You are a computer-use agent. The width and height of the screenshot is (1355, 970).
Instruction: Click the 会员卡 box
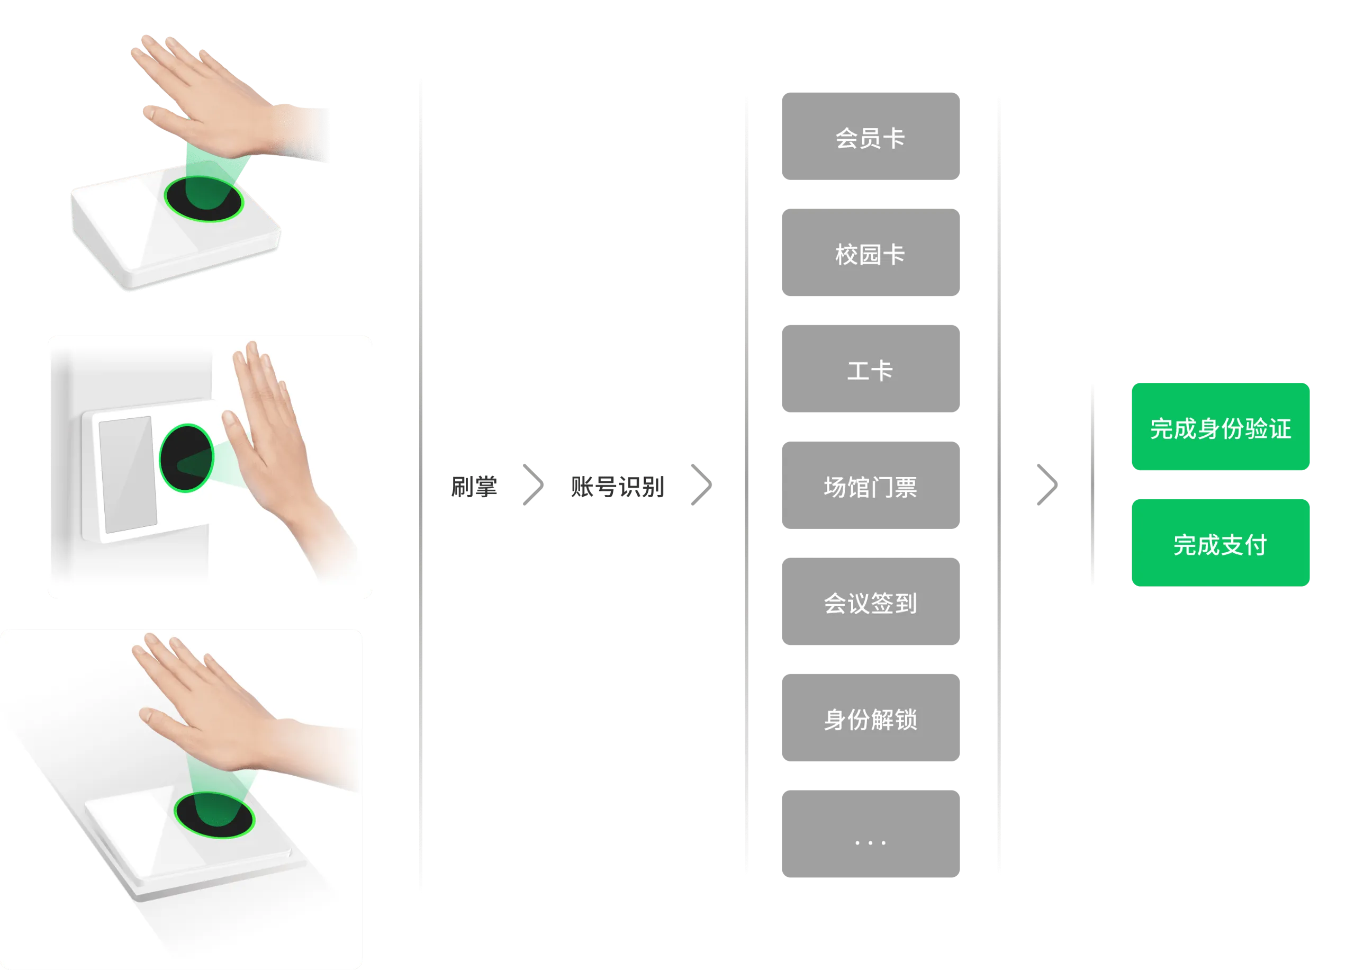point(870,136)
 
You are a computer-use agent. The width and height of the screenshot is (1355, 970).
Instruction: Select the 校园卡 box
point(870,252)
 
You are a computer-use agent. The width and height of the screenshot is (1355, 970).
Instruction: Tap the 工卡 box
point(870,369)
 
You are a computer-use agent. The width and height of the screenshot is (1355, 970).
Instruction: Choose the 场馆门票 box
point(870,485)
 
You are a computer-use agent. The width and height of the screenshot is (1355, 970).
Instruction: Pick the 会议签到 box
point(870,601)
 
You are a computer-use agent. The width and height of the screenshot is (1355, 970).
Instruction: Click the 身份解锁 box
point(870,718)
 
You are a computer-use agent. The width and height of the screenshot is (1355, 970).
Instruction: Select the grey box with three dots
point(870,834)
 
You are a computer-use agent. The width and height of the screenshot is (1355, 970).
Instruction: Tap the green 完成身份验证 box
point(1221,428)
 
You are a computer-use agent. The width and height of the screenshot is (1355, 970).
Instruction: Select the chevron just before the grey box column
point(702,485)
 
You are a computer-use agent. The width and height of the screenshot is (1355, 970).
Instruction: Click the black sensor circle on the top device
point(204,199)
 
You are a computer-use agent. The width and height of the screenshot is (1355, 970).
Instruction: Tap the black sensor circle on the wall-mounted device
point(186,458)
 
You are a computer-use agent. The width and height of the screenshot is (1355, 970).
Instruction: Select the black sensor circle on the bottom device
point(214,815)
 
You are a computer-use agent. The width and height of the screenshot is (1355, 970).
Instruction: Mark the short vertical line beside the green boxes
point(1092,485)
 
